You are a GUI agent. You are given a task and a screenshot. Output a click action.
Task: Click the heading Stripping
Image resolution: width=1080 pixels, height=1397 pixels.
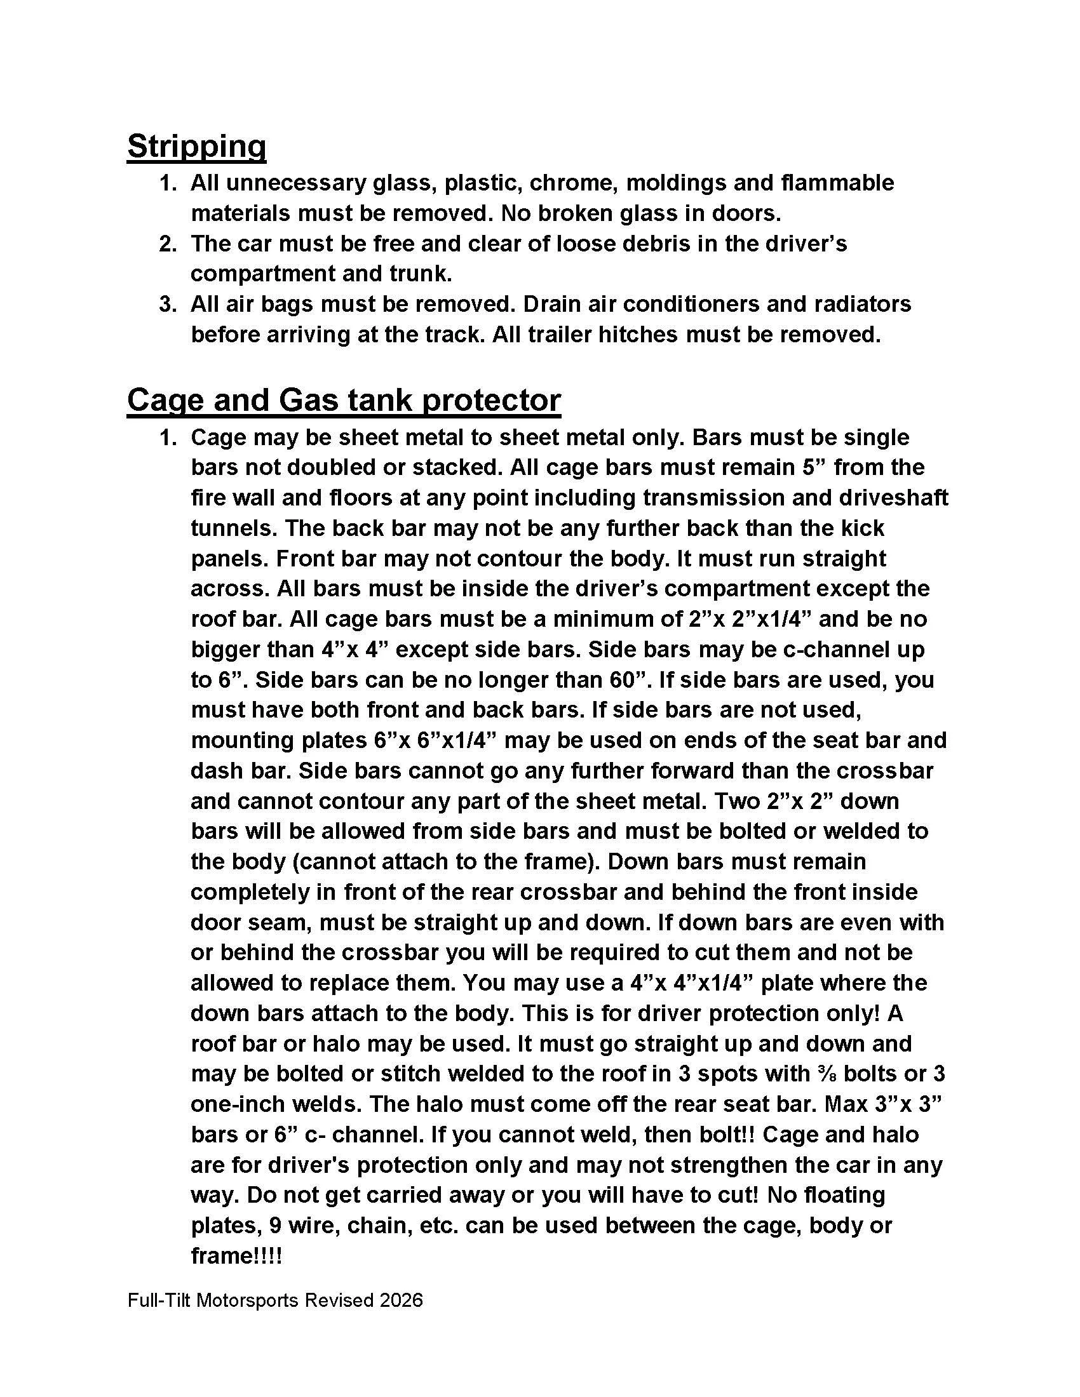coord(196,147)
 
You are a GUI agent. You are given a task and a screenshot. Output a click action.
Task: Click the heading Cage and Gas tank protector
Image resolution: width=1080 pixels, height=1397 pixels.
coord(344,401)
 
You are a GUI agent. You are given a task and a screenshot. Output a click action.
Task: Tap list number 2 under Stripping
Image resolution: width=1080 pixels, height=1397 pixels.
coord(167,244)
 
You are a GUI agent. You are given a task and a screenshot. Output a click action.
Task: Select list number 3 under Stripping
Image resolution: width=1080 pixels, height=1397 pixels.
coord(167,304)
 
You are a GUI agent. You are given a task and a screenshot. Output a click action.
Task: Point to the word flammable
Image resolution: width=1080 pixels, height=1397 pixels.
coord(837,183)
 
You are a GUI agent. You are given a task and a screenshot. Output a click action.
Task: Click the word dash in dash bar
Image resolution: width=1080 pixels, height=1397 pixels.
coord(215,770)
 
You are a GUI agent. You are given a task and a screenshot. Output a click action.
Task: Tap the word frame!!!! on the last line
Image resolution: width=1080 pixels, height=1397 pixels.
coord(237,1255)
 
